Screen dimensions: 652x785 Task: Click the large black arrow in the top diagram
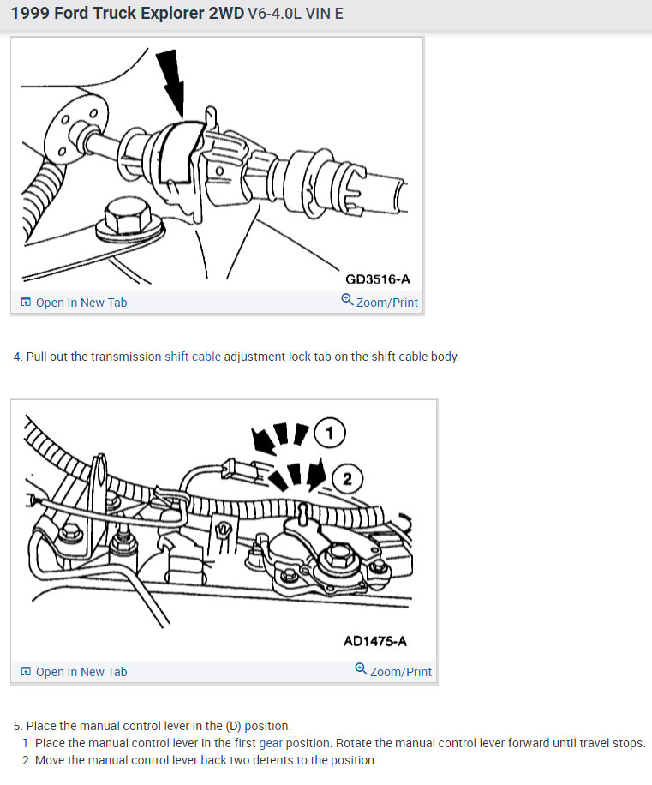171,82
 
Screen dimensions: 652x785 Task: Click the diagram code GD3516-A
377,279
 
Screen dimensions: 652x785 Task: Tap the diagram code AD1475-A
374,641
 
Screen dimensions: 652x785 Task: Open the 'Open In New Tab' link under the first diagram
74,303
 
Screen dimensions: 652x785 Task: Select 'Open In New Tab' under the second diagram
74,672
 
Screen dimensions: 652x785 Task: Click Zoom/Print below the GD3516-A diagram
380,302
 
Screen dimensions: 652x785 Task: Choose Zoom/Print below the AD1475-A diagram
393,671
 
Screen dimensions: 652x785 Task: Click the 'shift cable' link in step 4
193,357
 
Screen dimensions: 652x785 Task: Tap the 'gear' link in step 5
271,743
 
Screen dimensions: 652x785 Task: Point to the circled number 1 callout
330,433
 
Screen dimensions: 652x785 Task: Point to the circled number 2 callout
347,479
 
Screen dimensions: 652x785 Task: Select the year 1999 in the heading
30,13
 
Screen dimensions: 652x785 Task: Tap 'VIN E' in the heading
324,14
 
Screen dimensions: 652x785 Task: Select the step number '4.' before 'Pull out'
18,357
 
